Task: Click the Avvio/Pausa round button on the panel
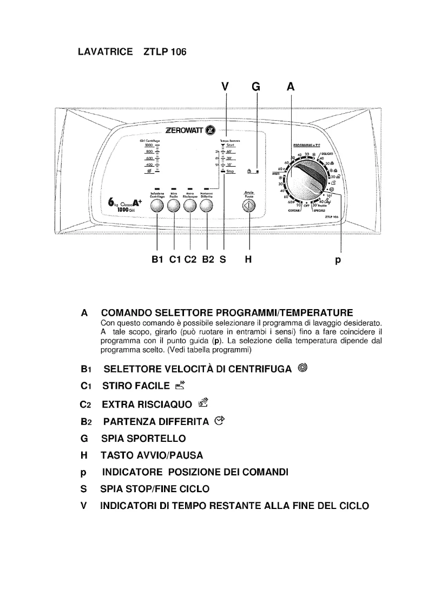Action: pyautogui.click(x=249, y=205)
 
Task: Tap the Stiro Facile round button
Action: pyautogui.click(x=174, y=205)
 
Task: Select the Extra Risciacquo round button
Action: pyautogui.click(x=190, y=205)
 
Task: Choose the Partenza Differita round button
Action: pyautogui.click(x=206, y=205)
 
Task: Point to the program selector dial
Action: pyautogui.click(x=306, y=185)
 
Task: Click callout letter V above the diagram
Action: pyautogui.click(x=226, y=86)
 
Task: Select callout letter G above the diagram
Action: pyautogui.click(x=257, y=86)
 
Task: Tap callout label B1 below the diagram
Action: pyautogui.click(x=157, y=260)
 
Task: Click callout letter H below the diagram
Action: pyautogui.click(x=249, y=260)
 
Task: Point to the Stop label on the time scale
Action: pyautogui.click(x=230, y=171)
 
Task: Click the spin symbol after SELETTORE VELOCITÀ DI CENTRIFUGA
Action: pyautogui.click(x=303, y=369)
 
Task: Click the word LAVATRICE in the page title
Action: pyautogui.click(x=106, y=52)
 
